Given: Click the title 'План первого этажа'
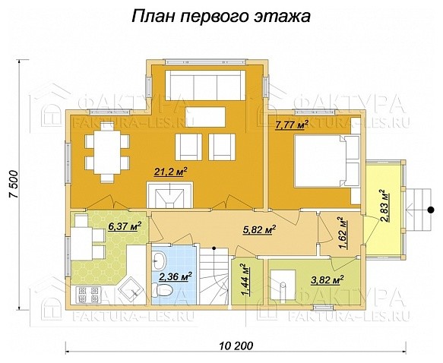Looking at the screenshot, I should (221, 16).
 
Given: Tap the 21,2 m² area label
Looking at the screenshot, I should (171, 173).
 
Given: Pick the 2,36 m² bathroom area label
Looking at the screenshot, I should (176, 276).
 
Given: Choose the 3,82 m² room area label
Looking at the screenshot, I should (328, 279).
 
